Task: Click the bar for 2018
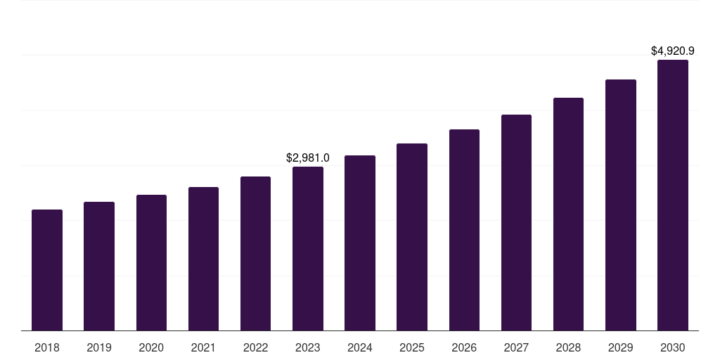(47, 270)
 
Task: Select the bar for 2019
(99, 266)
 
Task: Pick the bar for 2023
(308, 249)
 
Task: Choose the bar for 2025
(412, 237)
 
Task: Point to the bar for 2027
(516, 223)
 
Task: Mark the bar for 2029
(620, 205)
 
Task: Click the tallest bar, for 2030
(672, 195)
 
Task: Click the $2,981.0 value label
(308, 158)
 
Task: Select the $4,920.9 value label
(672, 51)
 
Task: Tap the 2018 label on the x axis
(47, 347)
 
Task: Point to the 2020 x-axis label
(151, 347)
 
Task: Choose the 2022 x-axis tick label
(255, 347)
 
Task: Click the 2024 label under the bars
(360, 347)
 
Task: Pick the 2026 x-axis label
(464, 347)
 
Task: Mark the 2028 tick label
(568, 347)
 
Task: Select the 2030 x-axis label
(672, 347)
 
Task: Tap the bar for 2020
(151, 263)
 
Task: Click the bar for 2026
(464, 230)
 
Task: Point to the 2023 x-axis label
(308, 347)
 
